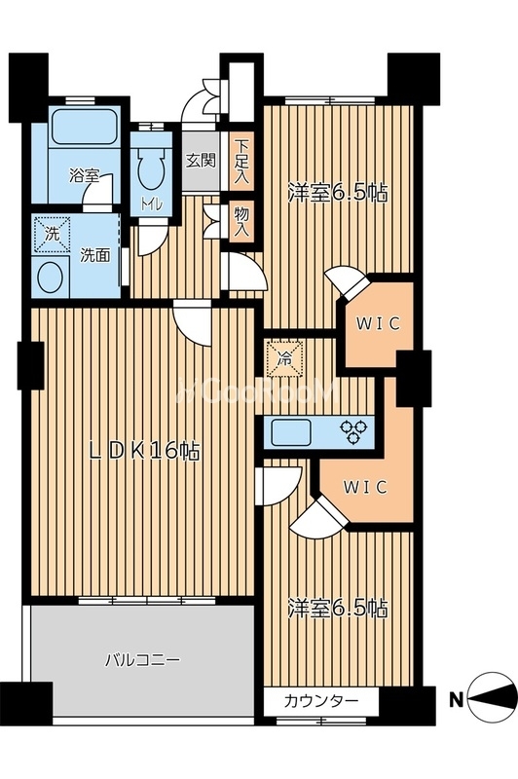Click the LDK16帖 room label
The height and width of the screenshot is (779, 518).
tap(144, 451)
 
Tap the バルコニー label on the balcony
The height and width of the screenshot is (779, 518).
tap(142, 660)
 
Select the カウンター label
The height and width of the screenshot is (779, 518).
tap(321, 701)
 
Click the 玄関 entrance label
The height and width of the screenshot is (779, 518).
tap(201, 160)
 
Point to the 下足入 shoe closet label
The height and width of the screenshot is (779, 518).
tap(241, 162)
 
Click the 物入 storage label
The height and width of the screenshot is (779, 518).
tap(241, 222)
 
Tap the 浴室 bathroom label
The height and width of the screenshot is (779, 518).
tap(84, 175)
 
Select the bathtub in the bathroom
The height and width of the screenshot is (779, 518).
tap(84, 127)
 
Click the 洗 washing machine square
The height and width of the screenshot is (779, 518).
tap(52, 234)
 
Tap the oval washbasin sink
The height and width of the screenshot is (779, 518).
tap(51, 278)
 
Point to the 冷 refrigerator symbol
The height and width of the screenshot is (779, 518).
tap(283, 357)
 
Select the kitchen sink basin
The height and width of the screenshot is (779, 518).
tap(291, 431)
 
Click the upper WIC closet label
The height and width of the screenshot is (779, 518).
tap(379, 324)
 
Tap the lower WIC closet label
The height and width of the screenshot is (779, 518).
tap(365, 488)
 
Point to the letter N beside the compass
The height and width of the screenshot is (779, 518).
tap(457, 700)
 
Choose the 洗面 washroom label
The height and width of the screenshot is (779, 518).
tap(94, 255)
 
